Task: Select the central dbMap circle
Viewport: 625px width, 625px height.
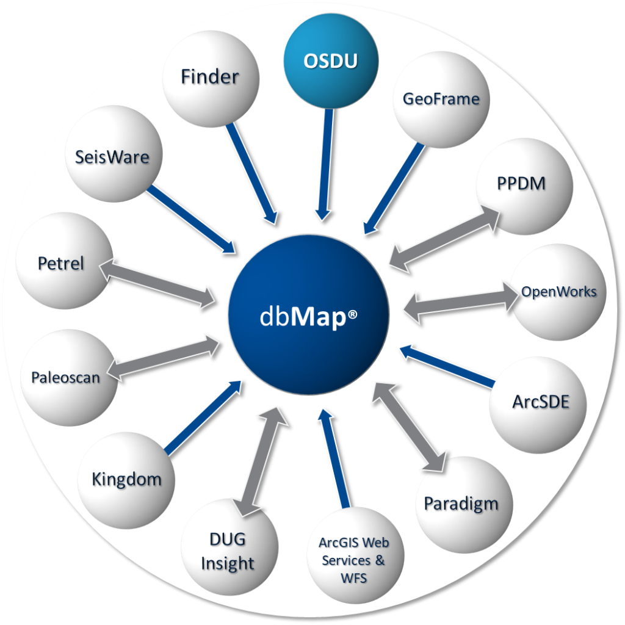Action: tap(308, 315)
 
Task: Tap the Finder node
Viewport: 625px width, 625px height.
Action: tap(211, 79)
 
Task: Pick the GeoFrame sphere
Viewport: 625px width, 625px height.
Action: tap(441, 99)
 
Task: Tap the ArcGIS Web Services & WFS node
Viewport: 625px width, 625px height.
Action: tap(354, 558)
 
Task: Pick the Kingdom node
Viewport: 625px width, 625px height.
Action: tap(126, 480)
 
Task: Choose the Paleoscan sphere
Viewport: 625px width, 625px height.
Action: tap(67, 378)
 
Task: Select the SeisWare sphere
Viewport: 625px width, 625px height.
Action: tap(112, 157)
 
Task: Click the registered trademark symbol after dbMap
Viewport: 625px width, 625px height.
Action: tap(352, 316)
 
